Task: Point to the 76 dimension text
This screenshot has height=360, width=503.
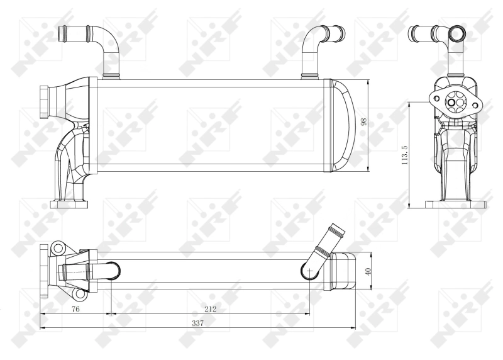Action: coord(75,308)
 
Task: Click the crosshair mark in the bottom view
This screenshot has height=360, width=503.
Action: coord(309,271)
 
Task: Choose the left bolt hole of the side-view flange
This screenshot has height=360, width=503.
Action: coord(434,98)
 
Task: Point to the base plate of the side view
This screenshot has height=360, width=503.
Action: coord(456,204)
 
